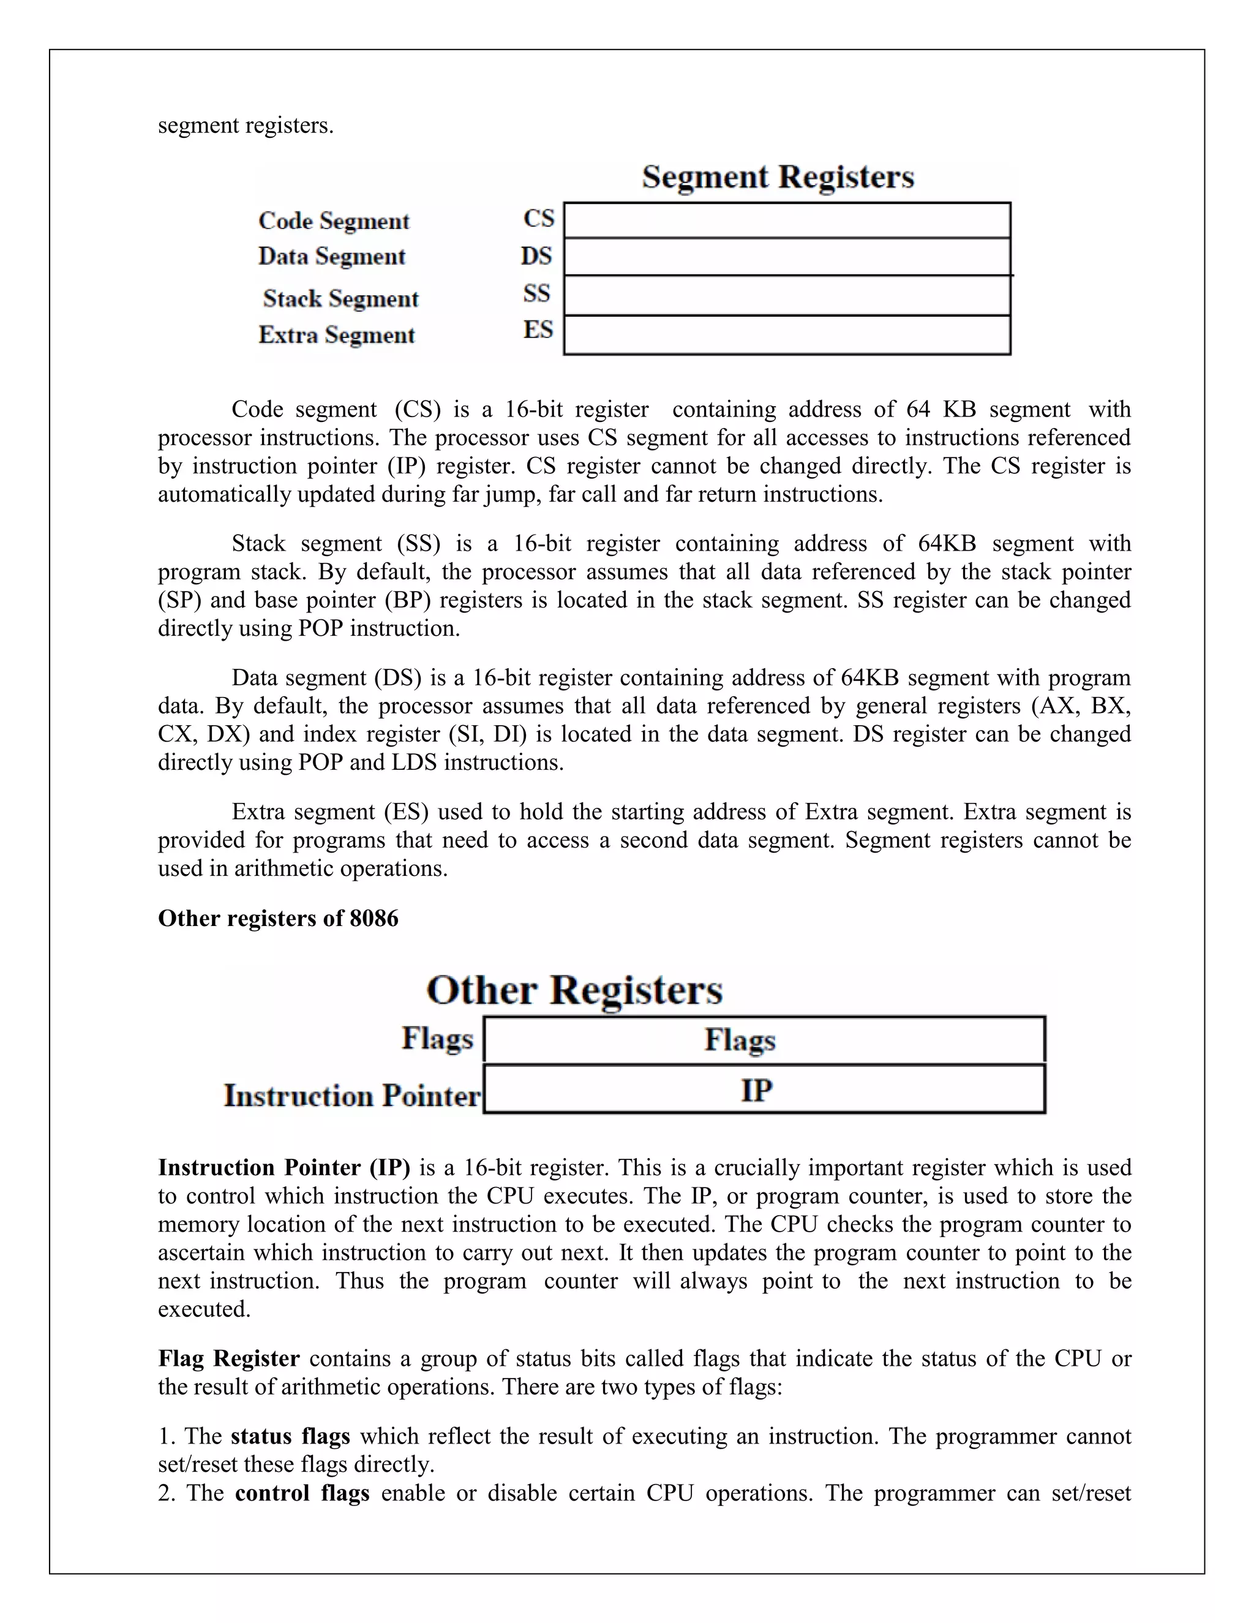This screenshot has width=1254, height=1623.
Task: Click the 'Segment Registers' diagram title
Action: click(x=778, y=177)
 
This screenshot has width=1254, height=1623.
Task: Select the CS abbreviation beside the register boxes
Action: click(x=539, y=219)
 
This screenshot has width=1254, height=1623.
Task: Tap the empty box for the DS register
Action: click(x=787, y=257)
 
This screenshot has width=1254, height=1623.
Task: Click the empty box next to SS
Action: click(x=787, y=296)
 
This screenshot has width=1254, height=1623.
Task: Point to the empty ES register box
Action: click(x=787, y=335)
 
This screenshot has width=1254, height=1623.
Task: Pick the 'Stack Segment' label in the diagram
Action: click(x=340, y=299)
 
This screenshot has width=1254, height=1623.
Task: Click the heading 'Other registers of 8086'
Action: click(x=278, y=919)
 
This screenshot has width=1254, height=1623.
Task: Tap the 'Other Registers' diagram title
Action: click(x=574, y=990)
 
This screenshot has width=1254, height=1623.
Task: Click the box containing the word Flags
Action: click(x=764, y=1040)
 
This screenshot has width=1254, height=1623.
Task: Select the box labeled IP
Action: click(x=764, y=1090)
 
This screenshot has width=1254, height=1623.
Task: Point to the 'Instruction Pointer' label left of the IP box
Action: click(x=352, y=1096)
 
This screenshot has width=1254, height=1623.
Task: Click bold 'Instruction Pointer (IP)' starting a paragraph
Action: click(x=283, y=1167)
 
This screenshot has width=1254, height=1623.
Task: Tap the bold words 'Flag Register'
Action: click(x=229, y=1358)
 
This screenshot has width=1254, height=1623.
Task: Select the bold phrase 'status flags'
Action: click(x=290, y=1436)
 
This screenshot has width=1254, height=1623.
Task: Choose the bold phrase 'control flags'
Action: click(x=302, y=1493)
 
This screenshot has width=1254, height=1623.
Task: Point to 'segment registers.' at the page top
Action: click(x=246, y=125)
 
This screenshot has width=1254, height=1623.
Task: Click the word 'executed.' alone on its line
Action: click(x=205, y=1309)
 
